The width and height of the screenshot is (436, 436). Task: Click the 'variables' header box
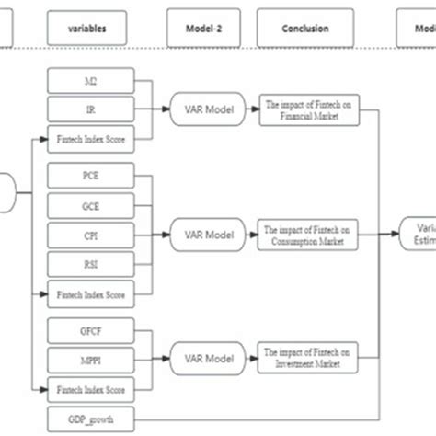(x=87, y=28)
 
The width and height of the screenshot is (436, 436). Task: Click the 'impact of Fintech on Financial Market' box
(x=305, y=111)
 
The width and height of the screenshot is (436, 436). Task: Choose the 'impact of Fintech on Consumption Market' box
(x=305, y=234)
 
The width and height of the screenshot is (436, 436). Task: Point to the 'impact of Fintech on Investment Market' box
(x=305, y=356)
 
